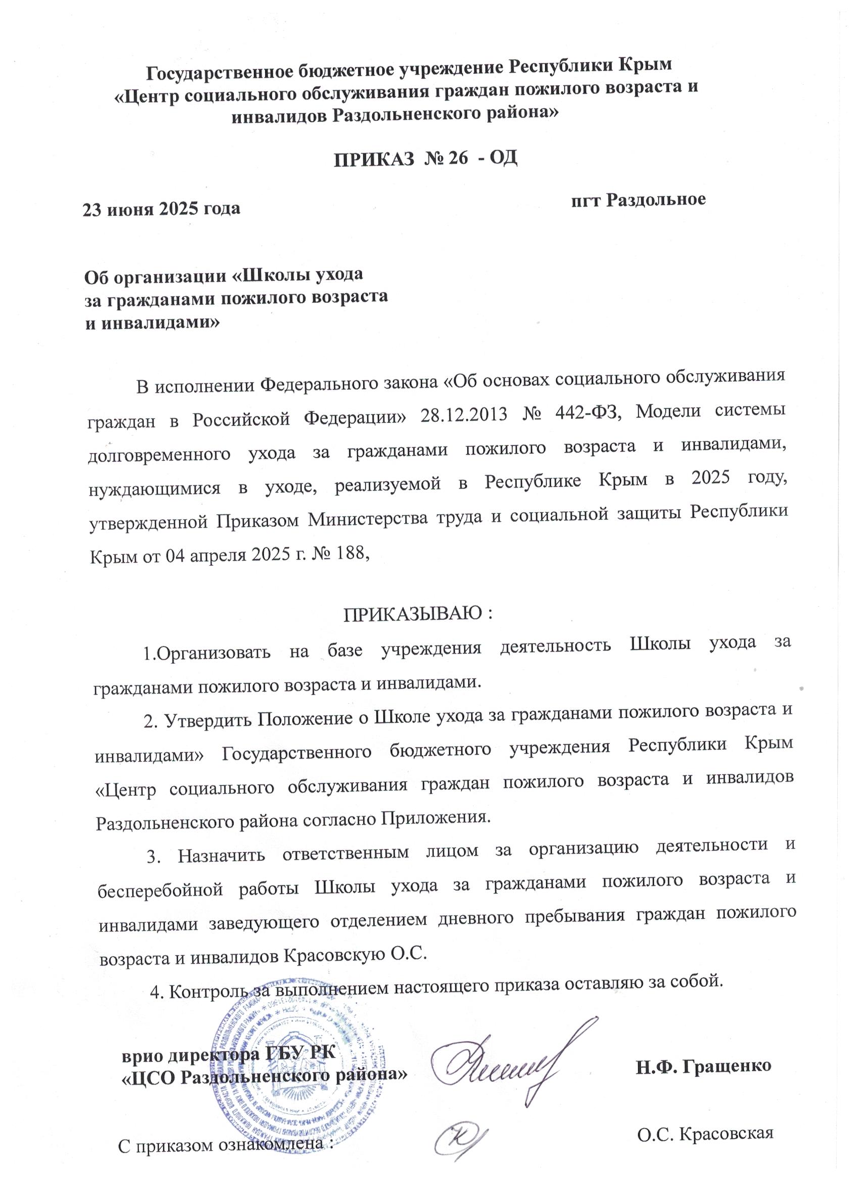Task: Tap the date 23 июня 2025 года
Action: click(162, 209)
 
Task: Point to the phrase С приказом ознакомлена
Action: click(224, 1160)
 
